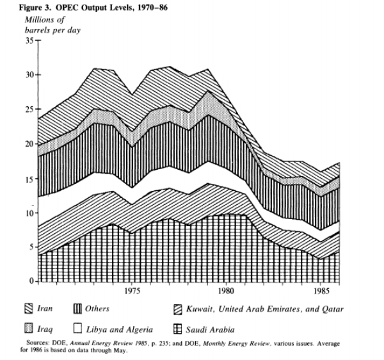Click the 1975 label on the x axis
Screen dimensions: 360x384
coord(131,292)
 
